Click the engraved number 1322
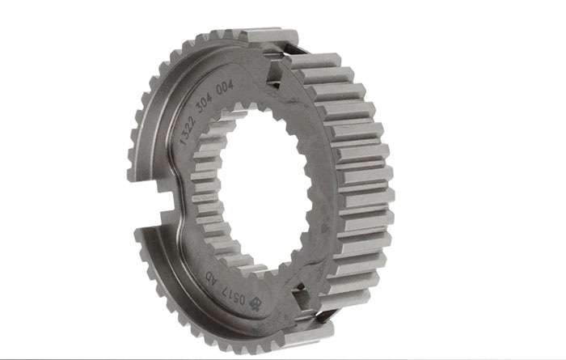tap(188, 131)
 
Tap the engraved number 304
tap(207, 101)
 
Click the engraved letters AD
tap(212, 279)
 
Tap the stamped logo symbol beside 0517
tap(256, 303)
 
